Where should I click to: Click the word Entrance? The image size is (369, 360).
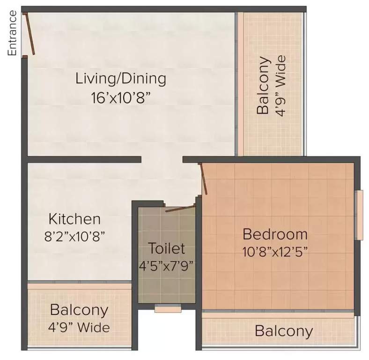pos(13,33)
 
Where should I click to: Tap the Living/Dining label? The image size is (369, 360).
pos(121,78)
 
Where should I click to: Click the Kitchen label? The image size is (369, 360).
pos(75,219)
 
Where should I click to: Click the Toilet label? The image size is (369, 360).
pos(166,248)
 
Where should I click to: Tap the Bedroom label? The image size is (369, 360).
pos(275,233)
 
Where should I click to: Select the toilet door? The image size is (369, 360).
pos(180,208)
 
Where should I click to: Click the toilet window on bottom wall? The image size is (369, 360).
pos(168,309)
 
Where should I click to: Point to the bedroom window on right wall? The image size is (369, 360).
pos(360,215)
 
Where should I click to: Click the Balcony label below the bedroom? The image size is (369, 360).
pos(284,331)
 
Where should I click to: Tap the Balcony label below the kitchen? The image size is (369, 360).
pos(79,310)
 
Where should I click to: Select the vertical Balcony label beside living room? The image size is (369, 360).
pos(263,86)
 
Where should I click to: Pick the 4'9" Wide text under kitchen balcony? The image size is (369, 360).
pos(79,327)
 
